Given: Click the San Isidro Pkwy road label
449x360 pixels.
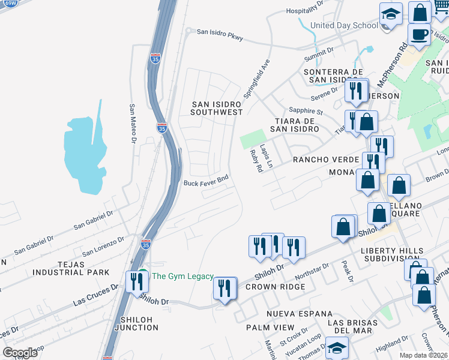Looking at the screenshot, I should [220, 34].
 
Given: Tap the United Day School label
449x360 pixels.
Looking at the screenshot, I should [344, 25].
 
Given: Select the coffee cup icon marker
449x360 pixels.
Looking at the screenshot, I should [419, 35].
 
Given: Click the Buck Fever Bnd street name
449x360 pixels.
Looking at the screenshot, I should [206, 184].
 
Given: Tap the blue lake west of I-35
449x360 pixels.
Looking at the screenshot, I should [85, 153].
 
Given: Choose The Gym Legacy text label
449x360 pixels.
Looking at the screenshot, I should [182, 276].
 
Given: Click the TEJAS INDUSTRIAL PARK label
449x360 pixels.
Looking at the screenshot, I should [71, 268].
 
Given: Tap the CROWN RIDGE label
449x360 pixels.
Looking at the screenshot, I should [275, 287].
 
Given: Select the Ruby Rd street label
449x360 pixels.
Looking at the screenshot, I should [256, 161].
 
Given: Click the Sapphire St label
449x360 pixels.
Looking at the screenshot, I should [306, 111].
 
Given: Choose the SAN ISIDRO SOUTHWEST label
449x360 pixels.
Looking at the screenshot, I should [217, 108].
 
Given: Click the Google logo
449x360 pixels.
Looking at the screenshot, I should [20, 352].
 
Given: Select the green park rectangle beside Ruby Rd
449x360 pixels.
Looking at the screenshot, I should [252, 139].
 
